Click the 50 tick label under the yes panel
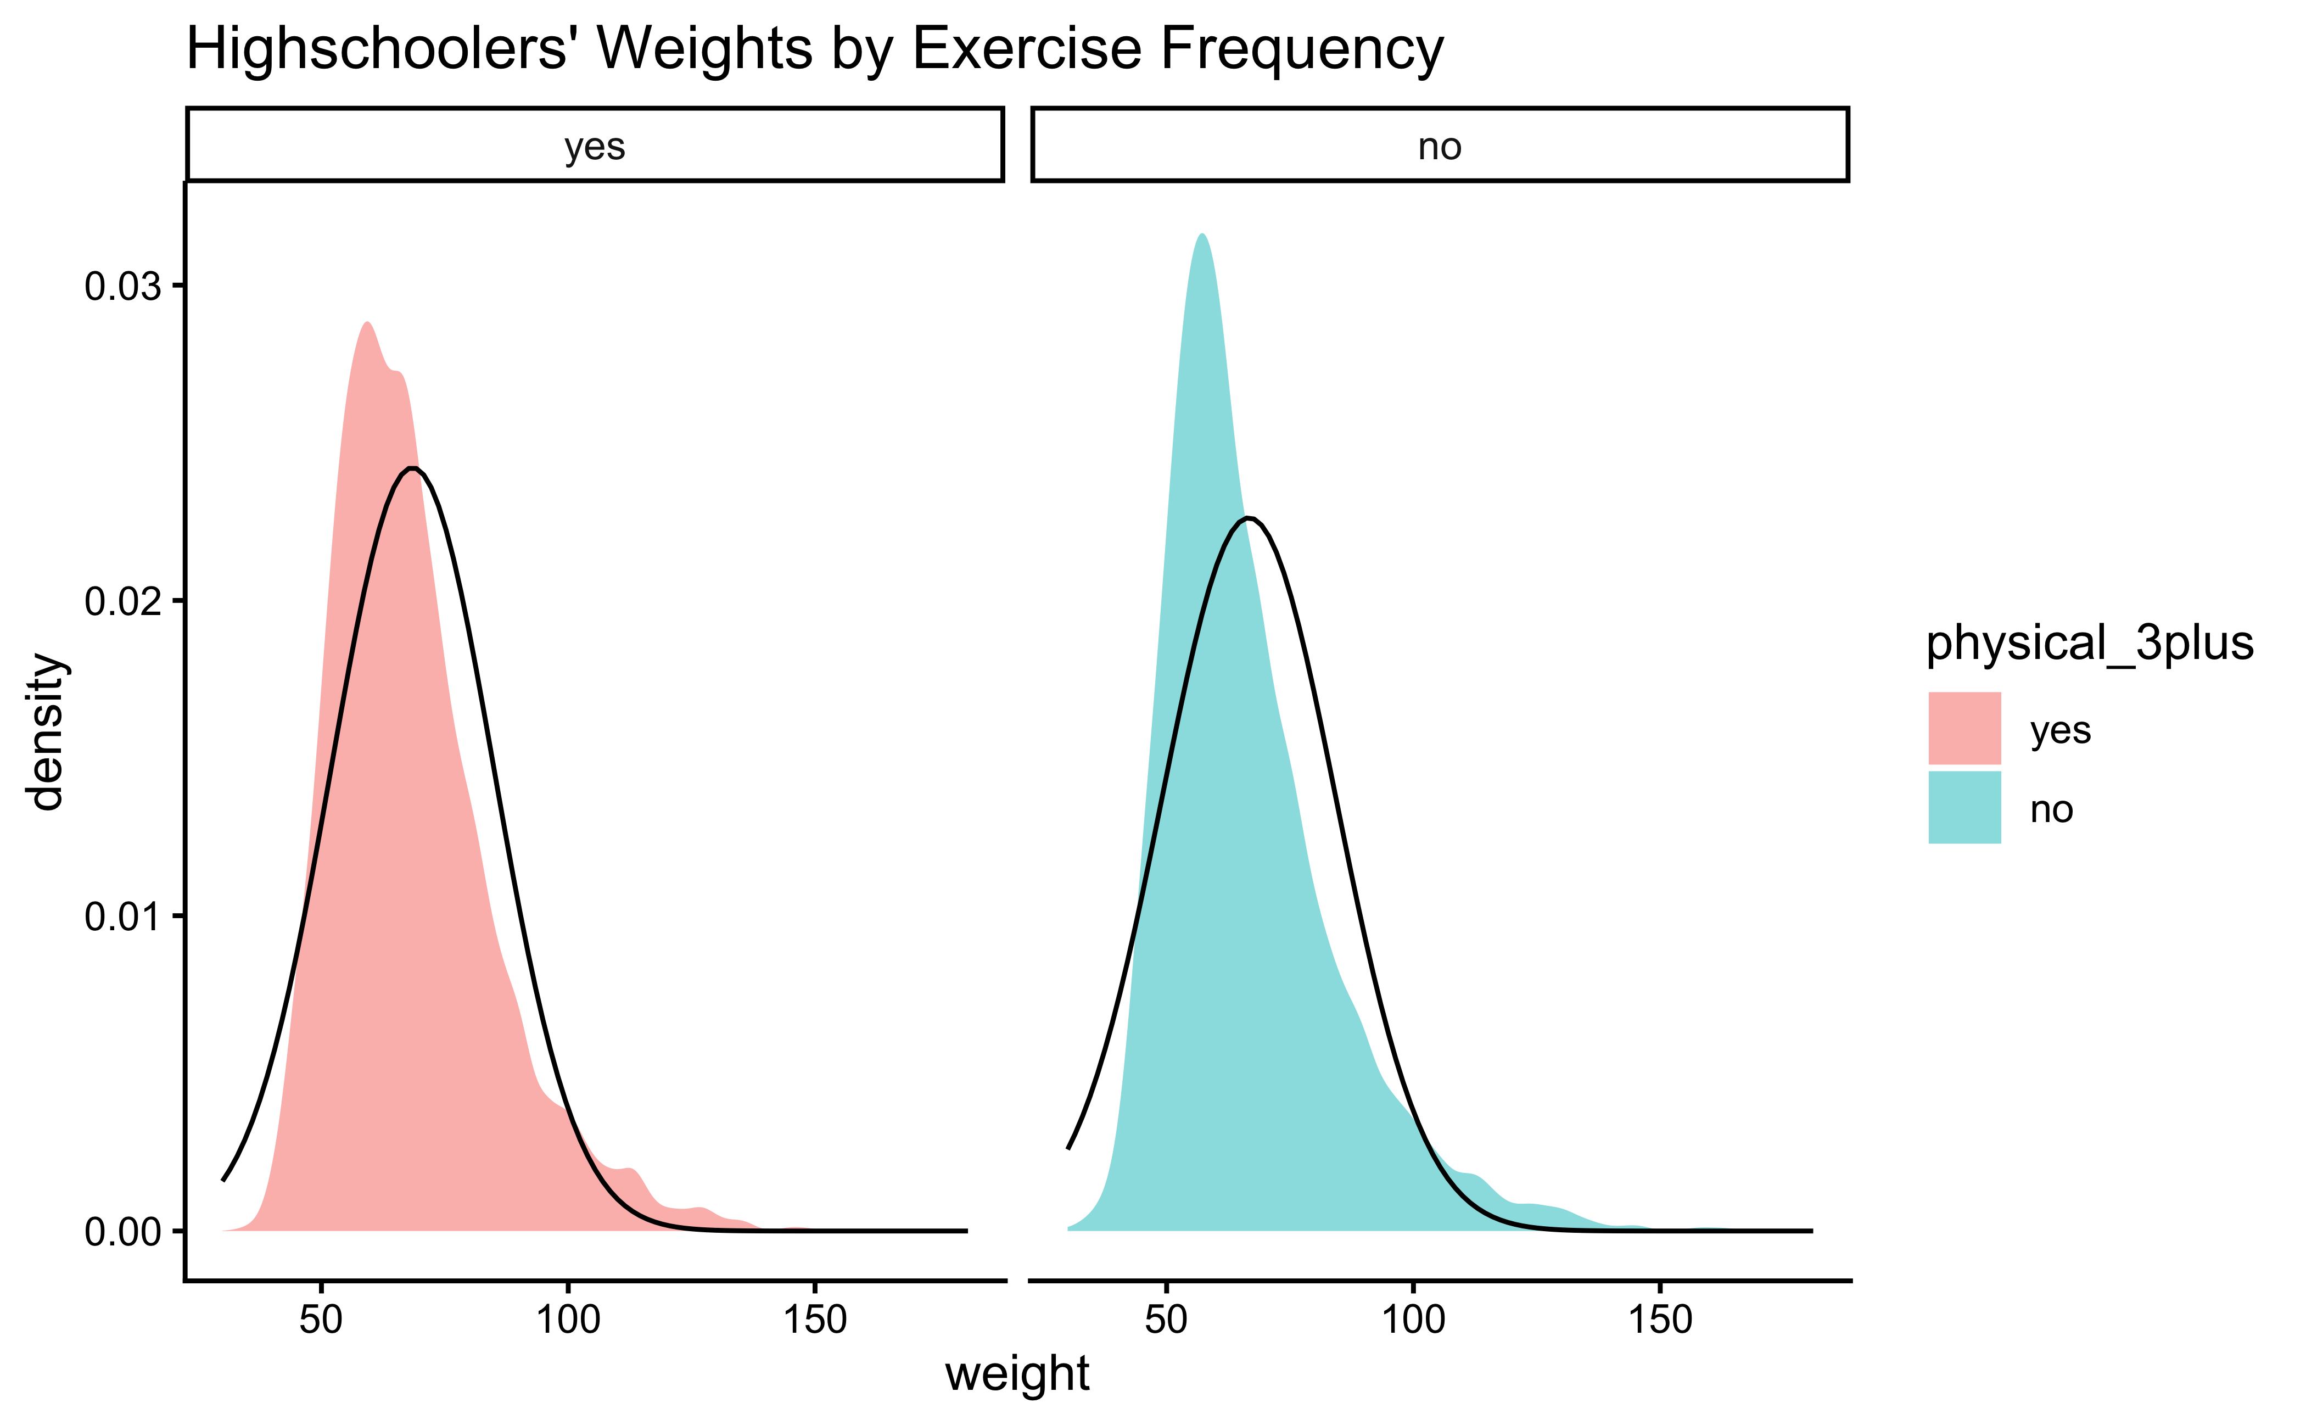[321, 1320]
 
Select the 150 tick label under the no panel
[1660, 1320]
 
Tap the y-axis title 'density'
[45, 731]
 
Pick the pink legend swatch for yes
[1964, 729]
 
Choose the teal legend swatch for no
[1964, 808]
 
